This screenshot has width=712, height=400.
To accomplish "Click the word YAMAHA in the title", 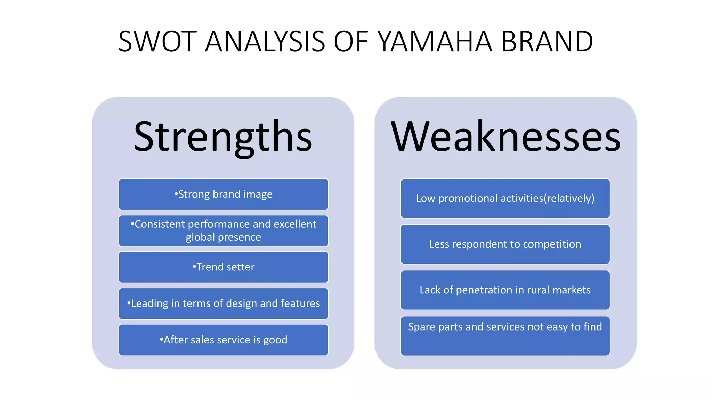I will (x=435, y=42).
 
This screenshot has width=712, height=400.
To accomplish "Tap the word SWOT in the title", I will (x=157, y=42).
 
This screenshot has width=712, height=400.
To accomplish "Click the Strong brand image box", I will (x=223, y=194).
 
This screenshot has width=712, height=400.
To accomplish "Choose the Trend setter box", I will (x=223, y=267).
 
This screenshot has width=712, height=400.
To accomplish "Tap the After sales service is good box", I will (x=223, y=340).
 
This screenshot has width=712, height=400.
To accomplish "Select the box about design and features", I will (x=223, y=303).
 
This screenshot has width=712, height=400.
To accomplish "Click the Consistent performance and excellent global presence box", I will (x=223, y=231).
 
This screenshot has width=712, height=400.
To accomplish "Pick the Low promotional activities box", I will (x=505, y=198).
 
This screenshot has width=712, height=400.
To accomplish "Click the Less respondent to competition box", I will (x=505, y=244).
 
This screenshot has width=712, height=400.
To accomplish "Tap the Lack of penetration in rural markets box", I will (x=505, y=290).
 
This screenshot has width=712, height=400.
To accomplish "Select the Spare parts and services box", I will (x=505, y=336).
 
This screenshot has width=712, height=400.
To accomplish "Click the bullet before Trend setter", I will (x=194, y=267).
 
